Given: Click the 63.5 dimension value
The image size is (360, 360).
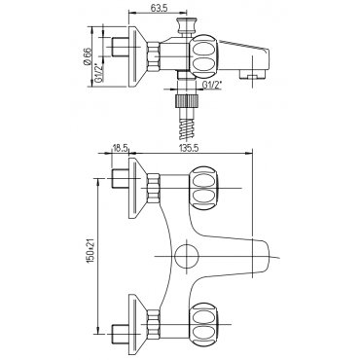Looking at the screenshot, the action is [x=159, y=9].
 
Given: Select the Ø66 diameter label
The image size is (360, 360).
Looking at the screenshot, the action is [x=87, y=56].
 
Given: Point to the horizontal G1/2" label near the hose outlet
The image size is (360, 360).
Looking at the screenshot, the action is [x=212, y=85].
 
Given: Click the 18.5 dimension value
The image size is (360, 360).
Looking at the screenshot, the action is [x=120, y=148].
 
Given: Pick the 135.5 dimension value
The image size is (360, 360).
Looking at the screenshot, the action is [x=188, y=148].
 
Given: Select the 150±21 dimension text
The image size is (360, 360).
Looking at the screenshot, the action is [x=90, y=251].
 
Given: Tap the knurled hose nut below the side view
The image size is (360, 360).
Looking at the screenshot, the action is [x=187, y=100].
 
